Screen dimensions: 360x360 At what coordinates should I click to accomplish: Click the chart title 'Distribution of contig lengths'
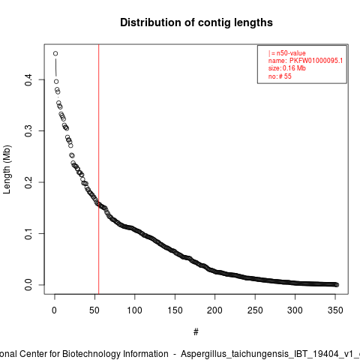coord(196,22)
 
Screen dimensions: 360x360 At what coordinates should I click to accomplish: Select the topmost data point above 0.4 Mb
coord(55,53)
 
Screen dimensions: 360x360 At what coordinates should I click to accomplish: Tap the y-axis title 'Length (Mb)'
coord(7,169)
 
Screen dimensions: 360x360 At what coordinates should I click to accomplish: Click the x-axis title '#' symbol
coord(196,332)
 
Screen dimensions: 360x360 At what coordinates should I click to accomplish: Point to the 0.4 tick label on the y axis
coord(28,79)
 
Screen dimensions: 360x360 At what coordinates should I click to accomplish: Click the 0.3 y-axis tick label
coord(28,130)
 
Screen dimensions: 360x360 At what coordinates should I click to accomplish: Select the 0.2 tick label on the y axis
coord(28,182)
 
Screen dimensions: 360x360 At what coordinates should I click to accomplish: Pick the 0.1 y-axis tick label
coord(28,233)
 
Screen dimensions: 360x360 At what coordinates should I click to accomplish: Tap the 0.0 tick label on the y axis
coord(28,285)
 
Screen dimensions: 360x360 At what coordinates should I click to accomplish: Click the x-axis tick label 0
coord(54,310)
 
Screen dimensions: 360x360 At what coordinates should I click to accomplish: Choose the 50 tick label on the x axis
coord(94,310)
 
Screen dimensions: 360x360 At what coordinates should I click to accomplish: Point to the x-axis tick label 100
coord(134,310)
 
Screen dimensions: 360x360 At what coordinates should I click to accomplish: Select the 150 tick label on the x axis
coord(175,310)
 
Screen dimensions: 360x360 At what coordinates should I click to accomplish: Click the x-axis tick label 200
coord(214,310)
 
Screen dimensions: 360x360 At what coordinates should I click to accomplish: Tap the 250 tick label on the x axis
coord(255,310)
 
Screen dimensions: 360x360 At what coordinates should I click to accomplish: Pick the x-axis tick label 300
coord(295,310)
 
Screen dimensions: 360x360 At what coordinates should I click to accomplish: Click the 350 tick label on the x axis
coord(335,310)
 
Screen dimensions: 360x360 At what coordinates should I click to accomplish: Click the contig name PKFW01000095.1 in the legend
coord(316,61)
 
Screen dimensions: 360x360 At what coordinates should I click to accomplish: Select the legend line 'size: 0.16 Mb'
coord(287,68)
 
